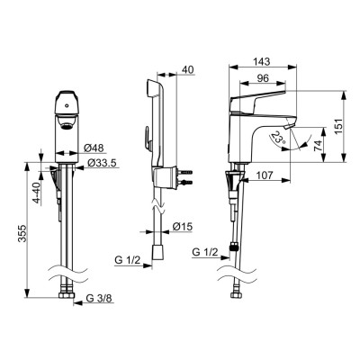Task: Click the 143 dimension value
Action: pyautogui.click(x=262, y=61)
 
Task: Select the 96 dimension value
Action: pyautogui.click(x=263, y=78)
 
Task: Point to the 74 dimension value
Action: pyautogui.click(x=318, y=145)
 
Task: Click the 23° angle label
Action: pyautogui.click(x=277, y=138)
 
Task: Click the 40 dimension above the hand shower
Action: pyautogui.click(x=188, y=69)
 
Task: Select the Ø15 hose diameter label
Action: pyautogui.click(x=182, y=227)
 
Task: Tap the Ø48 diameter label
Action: pyautogui.click(x=94, y=148)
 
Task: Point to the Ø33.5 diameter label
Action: pyautogui.click(x=102, y=163)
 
